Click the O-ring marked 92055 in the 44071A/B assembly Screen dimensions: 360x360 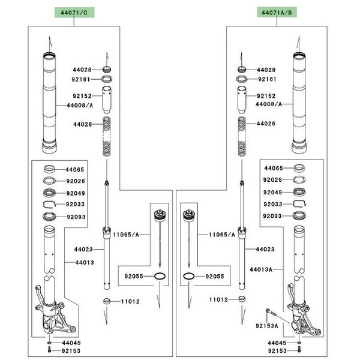pyautogui.click(x=188, y=277)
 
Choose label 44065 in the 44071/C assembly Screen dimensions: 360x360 pyautogui.click(x=75, y=169)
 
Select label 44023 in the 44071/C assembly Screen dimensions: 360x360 pyautogui.click(x=83, y=248)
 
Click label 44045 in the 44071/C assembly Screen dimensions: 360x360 pyautogui.click(x=71, y=342)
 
